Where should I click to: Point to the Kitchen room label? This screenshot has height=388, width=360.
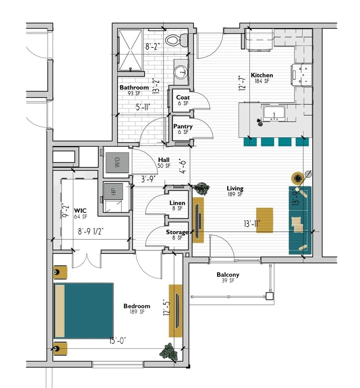262,75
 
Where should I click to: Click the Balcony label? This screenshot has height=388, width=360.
228,275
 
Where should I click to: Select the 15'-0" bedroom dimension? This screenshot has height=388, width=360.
118,340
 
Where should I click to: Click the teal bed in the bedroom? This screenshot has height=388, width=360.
84,310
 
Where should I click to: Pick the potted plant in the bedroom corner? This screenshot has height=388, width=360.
169,352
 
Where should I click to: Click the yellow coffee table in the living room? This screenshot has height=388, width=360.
264,220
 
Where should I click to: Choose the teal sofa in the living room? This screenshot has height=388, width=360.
300,220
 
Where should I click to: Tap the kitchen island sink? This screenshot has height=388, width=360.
274,113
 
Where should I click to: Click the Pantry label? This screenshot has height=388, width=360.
183,126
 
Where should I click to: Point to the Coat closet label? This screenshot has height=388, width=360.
183,97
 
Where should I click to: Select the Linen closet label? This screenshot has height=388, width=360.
177,203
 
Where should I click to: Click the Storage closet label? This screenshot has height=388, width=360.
177,232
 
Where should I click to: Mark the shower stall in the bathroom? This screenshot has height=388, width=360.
131,50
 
